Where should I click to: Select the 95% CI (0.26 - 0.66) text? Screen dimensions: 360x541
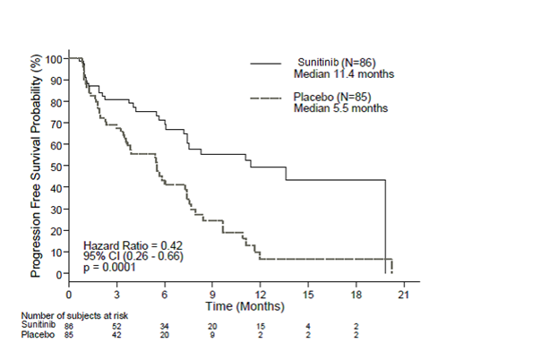coord(131,256)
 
